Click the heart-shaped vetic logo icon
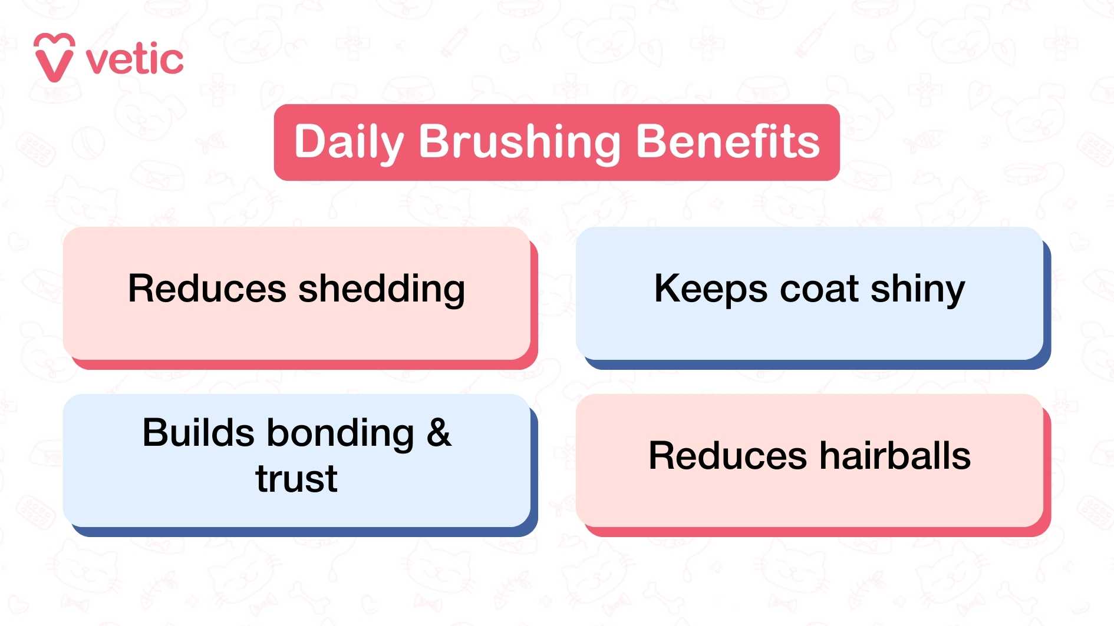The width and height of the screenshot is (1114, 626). (x=54, y=58)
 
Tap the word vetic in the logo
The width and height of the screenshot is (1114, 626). (x=135, y=60)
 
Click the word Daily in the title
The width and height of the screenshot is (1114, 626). (x=349, y=143)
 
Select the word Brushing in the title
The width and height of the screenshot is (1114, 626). (x=519, y=143)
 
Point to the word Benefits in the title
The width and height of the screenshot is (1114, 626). (x=727, y=141)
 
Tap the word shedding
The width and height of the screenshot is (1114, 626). (x=382, y=290)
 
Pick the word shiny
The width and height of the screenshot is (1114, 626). (x=918, y=290)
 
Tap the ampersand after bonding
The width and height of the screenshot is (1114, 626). (x=439, y=433)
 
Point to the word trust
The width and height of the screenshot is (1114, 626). (x=296, y=478)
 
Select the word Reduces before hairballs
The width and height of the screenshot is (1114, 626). (x=727, y=456)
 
